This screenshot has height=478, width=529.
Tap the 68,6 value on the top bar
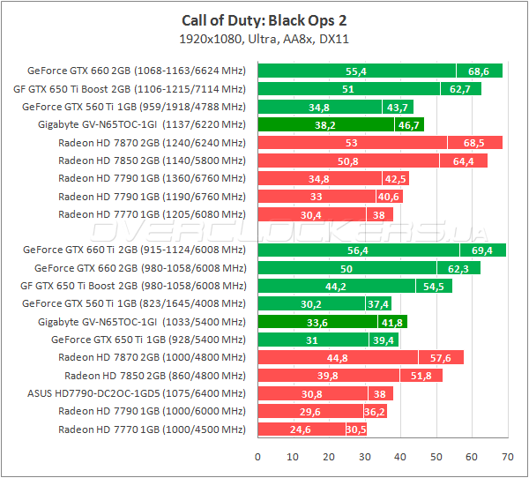point(479,71)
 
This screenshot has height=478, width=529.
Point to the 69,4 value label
point(482,250)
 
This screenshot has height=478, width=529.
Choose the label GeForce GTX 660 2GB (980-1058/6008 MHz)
point(140,268)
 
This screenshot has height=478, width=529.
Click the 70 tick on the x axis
point(506,457)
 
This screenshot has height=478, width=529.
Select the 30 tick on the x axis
point(364,457)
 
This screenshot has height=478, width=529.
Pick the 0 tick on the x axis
point(257,457)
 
